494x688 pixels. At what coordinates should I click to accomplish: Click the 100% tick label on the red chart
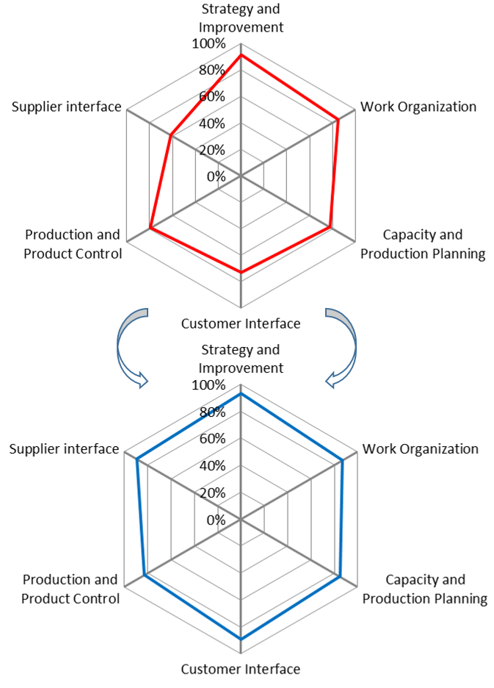tap(208, 43)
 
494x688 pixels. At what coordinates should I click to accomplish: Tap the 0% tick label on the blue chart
tap(216, 520)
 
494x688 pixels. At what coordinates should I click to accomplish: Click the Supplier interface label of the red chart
tap(66, 107)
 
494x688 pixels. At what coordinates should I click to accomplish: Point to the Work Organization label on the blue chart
tap(421, 449)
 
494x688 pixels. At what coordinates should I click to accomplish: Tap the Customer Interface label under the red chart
tap(241, 323)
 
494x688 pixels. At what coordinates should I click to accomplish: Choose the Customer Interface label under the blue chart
tap(241, 669)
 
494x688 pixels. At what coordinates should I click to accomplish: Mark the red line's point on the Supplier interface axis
tap(171, 135)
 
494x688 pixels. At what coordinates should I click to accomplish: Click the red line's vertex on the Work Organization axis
tap(338, 120)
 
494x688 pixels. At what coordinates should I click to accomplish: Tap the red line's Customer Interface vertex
tap(241, 273)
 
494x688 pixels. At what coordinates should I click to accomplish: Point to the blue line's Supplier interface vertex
tap(137, 460)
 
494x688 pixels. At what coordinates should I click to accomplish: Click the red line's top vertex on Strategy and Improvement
tap(241, 55)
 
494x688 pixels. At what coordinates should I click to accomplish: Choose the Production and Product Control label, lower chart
tap(70, 590)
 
